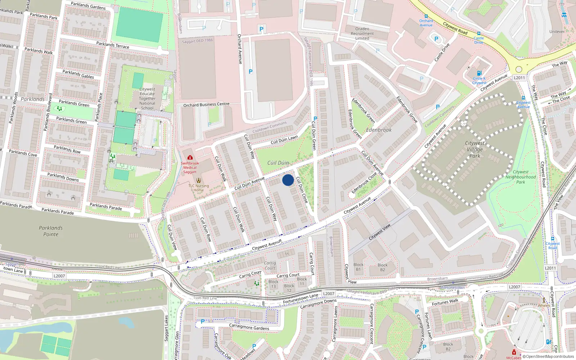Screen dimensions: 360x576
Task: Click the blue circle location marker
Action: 288,180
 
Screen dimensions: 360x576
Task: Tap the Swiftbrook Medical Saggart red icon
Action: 190,157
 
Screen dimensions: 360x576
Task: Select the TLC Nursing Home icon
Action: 198,180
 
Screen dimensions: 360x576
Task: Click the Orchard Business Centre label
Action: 206,105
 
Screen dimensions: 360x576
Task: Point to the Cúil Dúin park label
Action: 278,163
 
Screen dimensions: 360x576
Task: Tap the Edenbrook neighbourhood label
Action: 379,130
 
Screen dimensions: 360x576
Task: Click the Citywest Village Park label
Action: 474,149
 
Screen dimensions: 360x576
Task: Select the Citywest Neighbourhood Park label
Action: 521,177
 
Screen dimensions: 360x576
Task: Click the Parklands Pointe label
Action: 51,231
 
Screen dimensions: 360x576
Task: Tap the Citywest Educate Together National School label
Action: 147,98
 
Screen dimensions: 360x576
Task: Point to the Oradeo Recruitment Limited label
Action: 362,33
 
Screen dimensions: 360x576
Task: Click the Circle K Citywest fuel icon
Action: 479,73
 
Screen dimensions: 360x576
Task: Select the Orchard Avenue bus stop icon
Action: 426,16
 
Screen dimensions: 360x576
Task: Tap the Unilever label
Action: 557,32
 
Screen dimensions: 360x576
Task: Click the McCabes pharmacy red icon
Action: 514,352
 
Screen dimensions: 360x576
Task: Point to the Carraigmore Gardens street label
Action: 249,327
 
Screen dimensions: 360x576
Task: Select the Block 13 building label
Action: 273,284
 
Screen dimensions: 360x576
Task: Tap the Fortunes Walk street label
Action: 445,302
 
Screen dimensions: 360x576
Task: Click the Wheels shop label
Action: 544,305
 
